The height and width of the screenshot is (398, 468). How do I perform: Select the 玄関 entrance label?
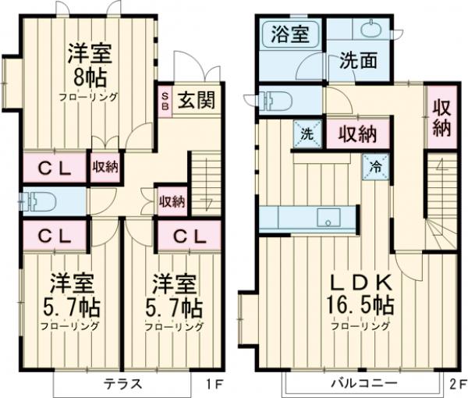(x=195, y=101)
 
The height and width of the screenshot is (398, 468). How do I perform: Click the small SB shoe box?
(x=165, y=101)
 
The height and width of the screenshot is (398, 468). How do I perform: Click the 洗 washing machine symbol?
(x=307, y=133)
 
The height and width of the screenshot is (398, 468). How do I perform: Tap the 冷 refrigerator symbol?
(x=375, y=165)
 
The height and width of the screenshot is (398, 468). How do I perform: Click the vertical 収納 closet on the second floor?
(x=441, y=117)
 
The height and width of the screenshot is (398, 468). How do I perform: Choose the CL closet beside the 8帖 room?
(x=53, y=167)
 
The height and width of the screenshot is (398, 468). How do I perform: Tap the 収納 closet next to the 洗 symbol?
(x=357, y=134)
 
